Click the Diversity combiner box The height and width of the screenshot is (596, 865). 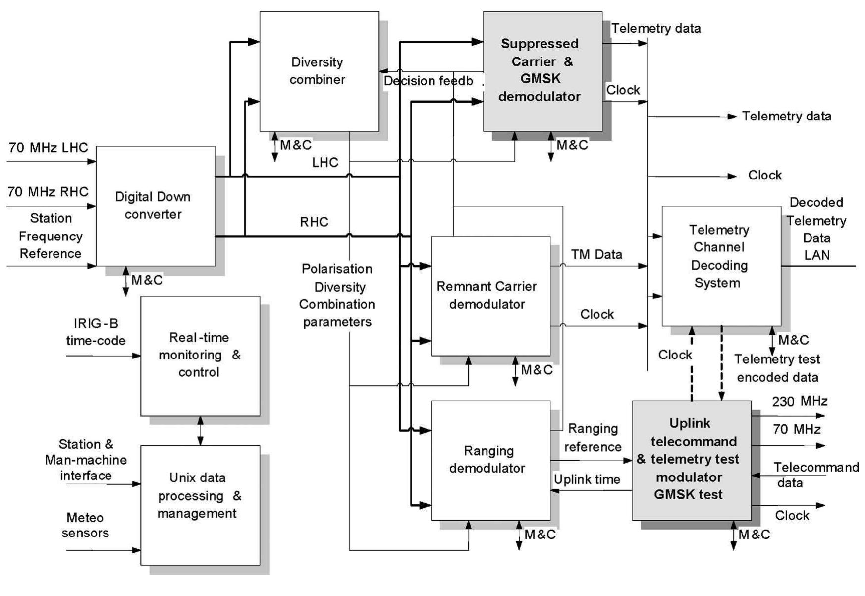[319, 71]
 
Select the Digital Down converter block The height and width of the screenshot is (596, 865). [155, 206]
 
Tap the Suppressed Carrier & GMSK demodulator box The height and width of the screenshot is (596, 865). [542, 71]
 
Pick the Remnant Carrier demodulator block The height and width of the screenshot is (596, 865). [490, 296]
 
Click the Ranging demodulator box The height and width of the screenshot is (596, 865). [490, 460]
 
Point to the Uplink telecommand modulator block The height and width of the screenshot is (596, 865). [691, 460]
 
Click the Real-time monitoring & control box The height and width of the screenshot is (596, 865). [200, 355]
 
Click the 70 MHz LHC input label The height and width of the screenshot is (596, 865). [48, 148]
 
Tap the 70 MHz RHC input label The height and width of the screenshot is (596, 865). [48, 192]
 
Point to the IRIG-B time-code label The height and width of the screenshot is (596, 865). [96, 332]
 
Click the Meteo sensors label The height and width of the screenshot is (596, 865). [85, 525]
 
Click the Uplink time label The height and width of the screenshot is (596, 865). [587, 479]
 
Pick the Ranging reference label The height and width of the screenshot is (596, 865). [593, 437]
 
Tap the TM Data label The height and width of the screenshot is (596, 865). [596, 254]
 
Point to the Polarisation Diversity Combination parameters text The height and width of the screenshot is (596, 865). [337, 295]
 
